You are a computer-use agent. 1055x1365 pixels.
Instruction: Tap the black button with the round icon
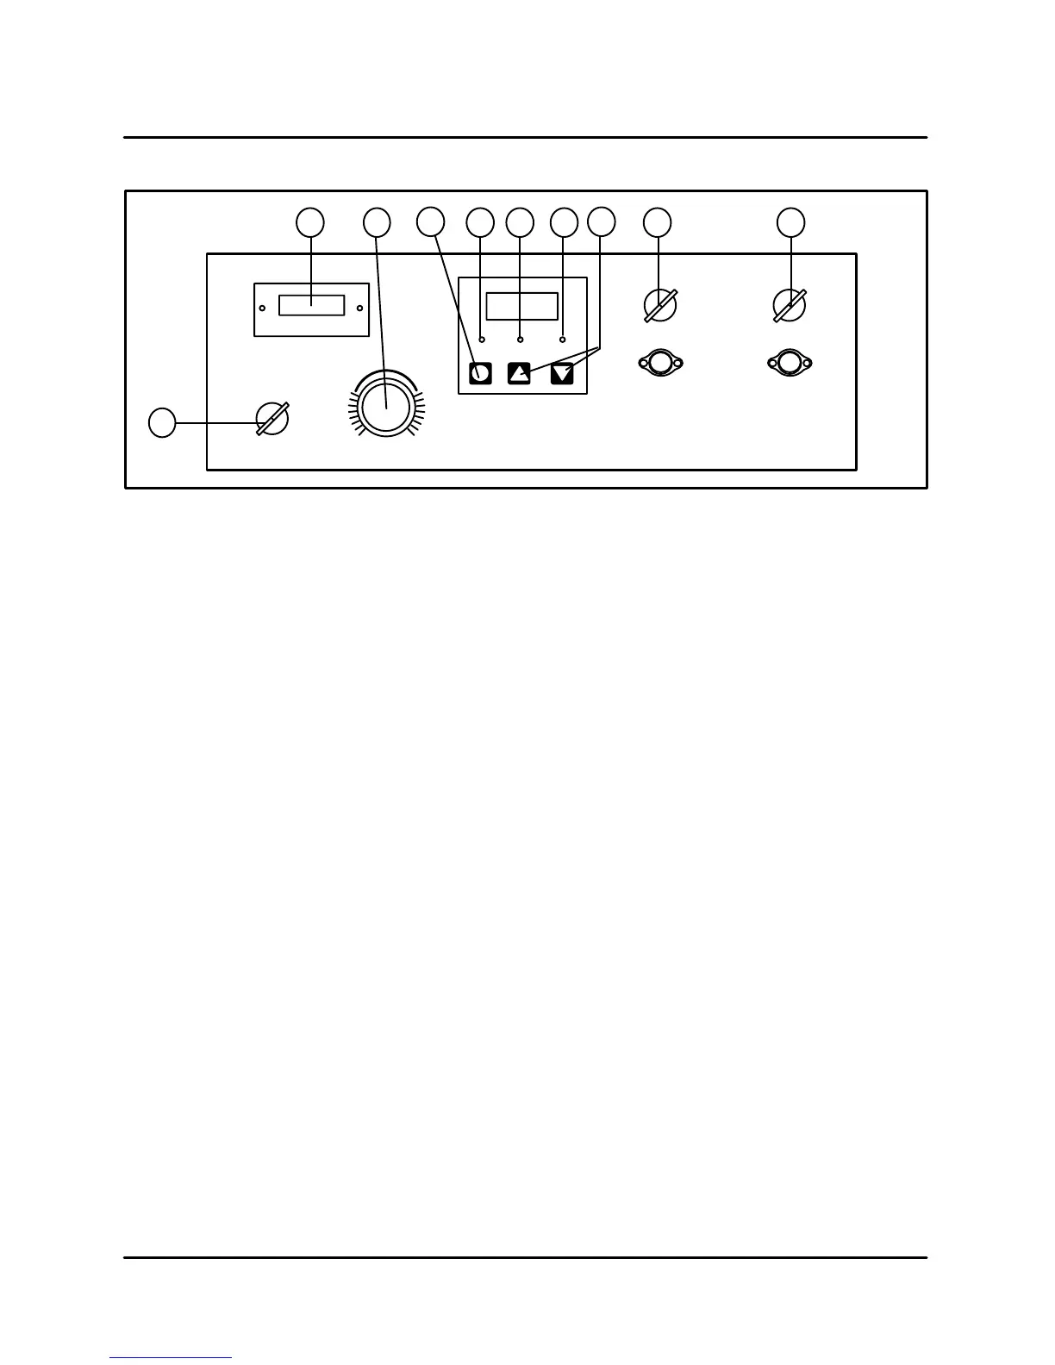coord(480,374)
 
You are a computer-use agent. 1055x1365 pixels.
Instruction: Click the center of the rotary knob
coord(385,407)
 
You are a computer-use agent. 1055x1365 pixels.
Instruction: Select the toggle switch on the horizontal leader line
coord(272,420)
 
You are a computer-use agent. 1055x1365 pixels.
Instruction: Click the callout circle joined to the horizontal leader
coord(162,423)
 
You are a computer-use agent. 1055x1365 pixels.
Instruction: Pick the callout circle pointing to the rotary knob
coord(377,222)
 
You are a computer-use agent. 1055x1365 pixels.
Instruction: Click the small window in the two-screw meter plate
coord(311,305)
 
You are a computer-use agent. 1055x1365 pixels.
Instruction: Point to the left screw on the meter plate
coord(262,308)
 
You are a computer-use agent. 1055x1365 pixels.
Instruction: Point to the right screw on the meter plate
coord(359,308)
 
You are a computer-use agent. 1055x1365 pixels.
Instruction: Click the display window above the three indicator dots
coord(521,306)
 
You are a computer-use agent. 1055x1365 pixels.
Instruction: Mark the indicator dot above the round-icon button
coord(482,340)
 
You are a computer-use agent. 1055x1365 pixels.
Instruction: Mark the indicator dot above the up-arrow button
coord(520,340)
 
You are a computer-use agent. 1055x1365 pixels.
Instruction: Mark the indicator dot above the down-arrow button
coord(562,340)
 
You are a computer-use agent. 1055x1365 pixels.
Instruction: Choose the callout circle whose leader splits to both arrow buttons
coord(601,221)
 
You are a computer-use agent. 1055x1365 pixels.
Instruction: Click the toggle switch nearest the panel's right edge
coord(790,305)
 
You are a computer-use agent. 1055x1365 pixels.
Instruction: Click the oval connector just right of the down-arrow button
coord(660,364)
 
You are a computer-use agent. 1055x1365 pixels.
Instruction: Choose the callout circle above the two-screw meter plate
coord(310,222)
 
